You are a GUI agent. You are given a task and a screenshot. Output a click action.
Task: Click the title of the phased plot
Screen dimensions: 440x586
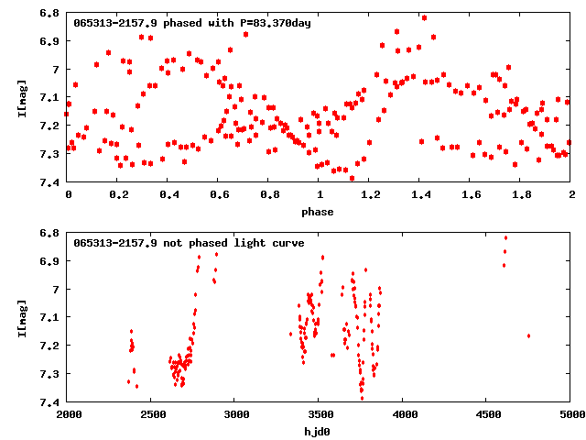192,23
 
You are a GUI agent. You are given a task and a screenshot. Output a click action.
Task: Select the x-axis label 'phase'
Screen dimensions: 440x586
320,212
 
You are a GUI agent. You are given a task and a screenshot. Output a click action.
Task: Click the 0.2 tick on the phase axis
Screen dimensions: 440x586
118,195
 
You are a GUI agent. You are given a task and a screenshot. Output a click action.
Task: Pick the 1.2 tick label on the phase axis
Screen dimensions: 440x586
370,195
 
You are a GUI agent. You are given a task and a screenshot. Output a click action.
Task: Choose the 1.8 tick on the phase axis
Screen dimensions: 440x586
521,195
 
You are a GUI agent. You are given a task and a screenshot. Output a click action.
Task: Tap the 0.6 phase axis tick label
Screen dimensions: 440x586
219,195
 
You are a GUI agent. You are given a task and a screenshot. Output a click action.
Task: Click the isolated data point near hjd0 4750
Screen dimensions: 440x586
529,335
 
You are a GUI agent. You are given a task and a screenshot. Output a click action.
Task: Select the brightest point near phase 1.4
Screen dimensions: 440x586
424,17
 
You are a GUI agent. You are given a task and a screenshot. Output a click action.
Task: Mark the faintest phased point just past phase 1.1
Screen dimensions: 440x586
352,178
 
